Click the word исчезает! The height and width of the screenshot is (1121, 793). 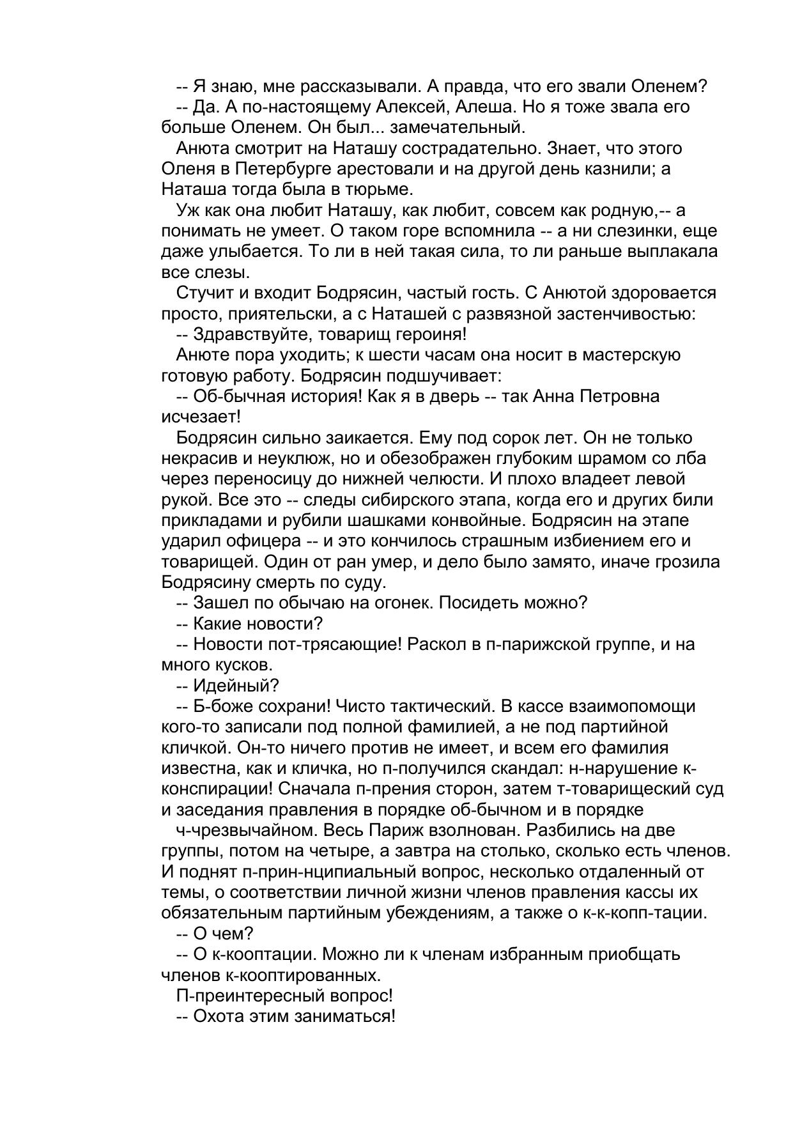[201, 417]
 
